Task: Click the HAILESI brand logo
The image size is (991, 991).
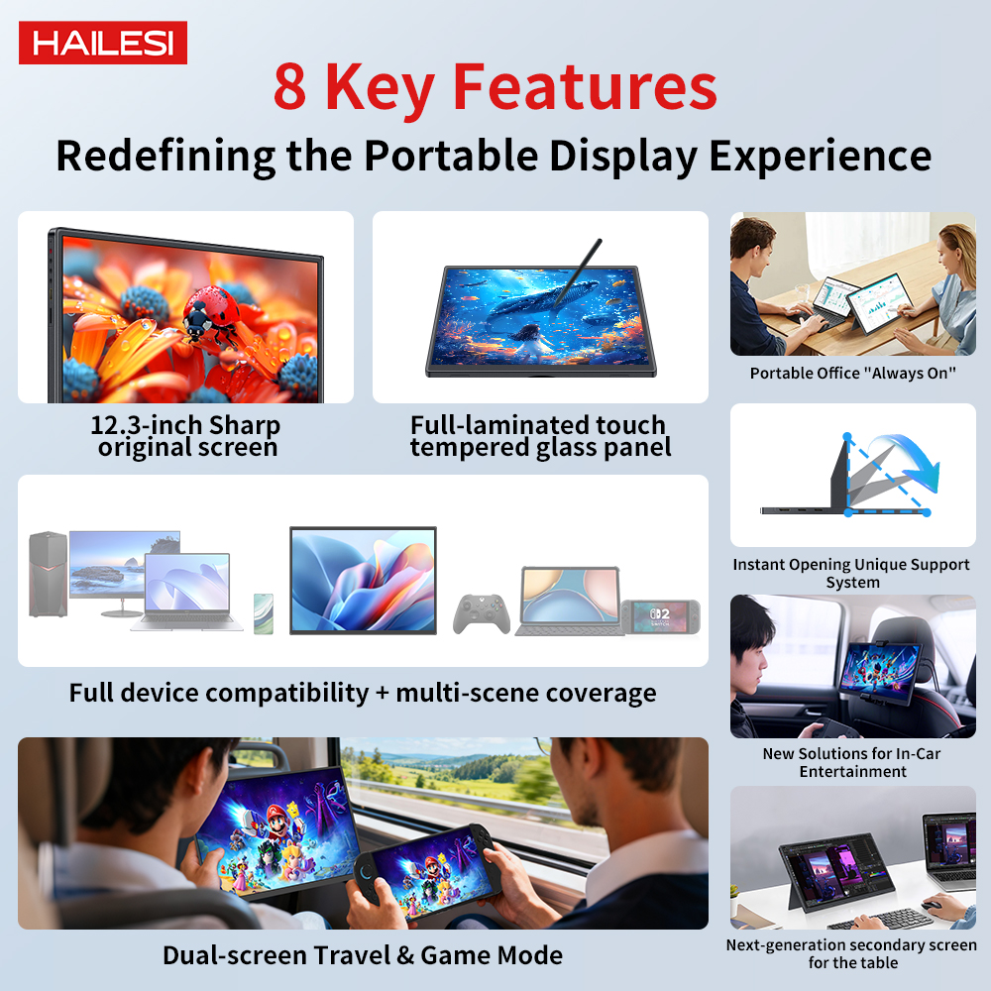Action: coord(103,43)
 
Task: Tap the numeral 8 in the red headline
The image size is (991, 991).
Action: coord(290,87)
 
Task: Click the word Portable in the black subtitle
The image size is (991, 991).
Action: coord(451,156)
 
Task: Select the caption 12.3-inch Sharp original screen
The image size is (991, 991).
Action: coord(186,435)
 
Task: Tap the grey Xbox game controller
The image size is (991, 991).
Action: coord(482,613)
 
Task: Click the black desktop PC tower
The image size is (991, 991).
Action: coord(48,574)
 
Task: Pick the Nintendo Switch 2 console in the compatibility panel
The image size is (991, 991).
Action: coord(660,616)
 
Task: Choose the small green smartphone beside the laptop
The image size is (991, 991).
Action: coord(264,613)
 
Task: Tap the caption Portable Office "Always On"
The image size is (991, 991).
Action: coord(852,373)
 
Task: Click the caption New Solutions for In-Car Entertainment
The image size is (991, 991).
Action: coord(852,762)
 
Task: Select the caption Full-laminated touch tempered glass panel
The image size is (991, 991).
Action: coord(540,435)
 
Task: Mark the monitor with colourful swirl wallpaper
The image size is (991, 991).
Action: coord(363,580)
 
